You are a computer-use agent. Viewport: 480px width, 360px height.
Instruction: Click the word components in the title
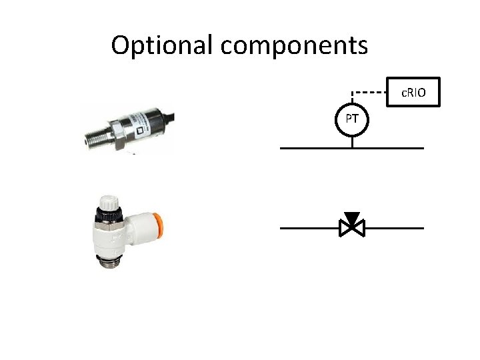click(x=293, y=45)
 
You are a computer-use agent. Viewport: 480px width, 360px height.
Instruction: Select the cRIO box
click(x=414, y=91)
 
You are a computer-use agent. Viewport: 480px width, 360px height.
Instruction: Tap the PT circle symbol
click(x=353, y=120)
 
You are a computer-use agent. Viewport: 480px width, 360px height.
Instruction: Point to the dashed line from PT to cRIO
click(x=370, y=91)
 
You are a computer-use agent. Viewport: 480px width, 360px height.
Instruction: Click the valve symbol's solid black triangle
click(x=352, y=219)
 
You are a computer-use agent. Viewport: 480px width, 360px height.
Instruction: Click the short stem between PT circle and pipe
click(x=353, y=141)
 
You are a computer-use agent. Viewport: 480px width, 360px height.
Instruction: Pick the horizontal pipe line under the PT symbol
click(x=313, y=148)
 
